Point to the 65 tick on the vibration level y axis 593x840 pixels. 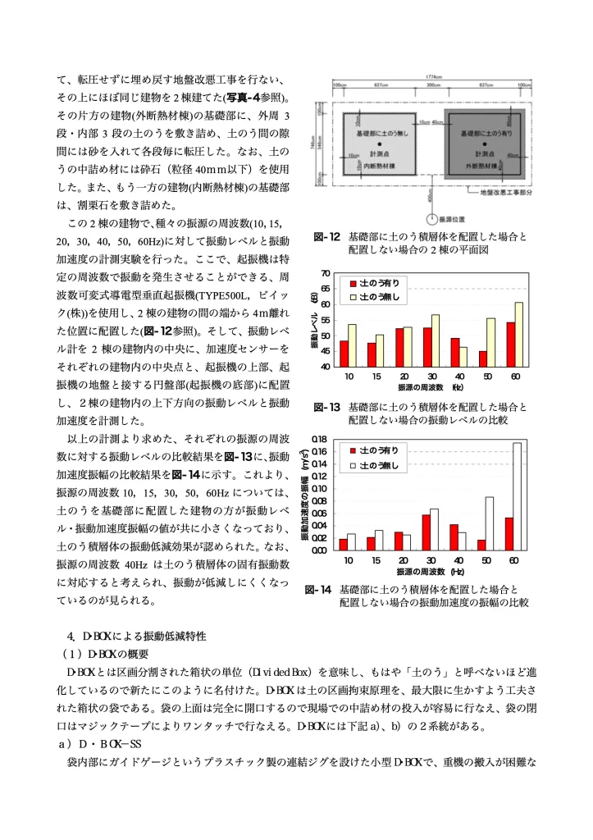[x=326, y=289]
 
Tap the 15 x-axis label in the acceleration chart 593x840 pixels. [x=375, y=560]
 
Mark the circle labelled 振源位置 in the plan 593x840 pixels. [x=434, y=219]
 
